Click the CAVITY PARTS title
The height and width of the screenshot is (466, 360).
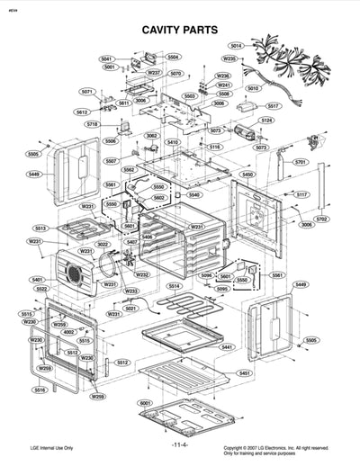[x=180, y=30]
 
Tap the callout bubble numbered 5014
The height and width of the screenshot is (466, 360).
[x=236, y=45]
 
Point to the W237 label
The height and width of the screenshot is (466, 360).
[x=153, y=72]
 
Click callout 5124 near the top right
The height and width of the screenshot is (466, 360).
[x=266, y=120]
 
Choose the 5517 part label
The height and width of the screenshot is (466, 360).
[x=273, y=105]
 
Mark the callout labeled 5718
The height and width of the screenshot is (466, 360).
[x=93, y=124]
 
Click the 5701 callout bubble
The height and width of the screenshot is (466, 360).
[x=301, y=162]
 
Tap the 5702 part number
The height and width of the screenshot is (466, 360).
[x=321, y=219]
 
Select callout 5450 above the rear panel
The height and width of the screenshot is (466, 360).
[x=247, y=174]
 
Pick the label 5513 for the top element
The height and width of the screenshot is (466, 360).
[x=40, y=229]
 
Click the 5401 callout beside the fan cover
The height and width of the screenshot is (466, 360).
[x=37, y=279]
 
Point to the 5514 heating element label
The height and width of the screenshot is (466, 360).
[x=174, y=285]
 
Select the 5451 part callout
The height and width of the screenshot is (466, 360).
[x=245, y=372]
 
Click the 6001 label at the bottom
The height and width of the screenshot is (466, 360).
[x=145, y=403]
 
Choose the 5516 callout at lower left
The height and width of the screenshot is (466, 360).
[x=40, y=390]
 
